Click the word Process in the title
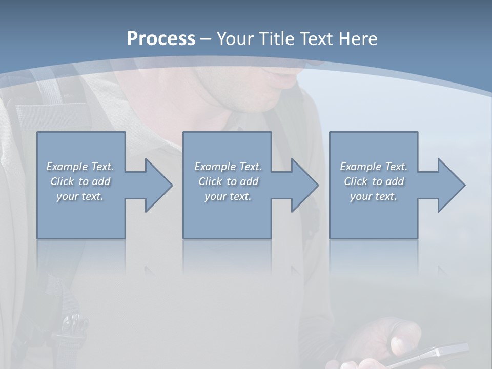tap(161, 39)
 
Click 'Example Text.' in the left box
tap(80, 167)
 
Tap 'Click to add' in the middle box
tap(228, 181)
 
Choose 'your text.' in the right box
tap(374, 196)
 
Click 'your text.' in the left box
tap(80, 196)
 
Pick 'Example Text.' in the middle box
tap(228, 167)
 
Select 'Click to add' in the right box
tap(374, 181)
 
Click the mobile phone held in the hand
tap(430, 355)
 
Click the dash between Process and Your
tap(206, 39)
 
